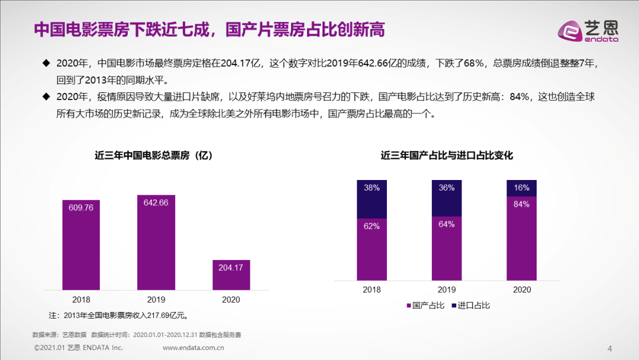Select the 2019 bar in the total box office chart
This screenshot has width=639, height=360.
point(156,243)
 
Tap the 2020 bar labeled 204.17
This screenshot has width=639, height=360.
point(231,275)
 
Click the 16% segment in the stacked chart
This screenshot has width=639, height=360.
point(522,188)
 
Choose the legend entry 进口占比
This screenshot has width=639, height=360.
point(471,306)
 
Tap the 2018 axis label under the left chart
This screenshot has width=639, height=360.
point(81,300)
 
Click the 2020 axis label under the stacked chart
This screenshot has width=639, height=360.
point(522,290)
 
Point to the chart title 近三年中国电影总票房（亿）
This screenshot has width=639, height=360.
point(154,156)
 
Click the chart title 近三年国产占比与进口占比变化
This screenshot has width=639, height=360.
point(447,156)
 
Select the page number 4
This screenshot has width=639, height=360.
point(610,347)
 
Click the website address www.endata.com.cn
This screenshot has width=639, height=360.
point(193,348)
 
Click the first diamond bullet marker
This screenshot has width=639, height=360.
point(46,63)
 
